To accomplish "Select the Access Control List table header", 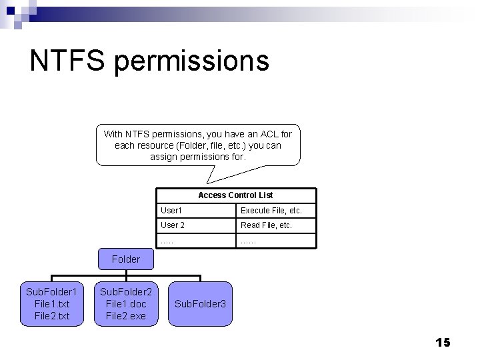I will (235, 195).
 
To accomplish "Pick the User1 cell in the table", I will (171, 211).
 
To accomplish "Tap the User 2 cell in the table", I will (173, 225).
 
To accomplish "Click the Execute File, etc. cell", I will (271, 211).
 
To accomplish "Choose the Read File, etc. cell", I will (266, 225).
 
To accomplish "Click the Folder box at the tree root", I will (126, 259).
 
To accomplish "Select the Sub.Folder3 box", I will (200, 304).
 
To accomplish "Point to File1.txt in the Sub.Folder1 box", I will (51, 304).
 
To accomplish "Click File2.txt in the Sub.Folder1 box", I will (51, 315).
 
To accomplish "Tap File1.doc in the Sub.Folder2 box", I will (126, 304).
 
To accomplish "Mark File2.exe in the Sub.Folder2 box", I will (126, 315).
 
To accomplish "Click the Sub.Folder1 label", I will (51, 292).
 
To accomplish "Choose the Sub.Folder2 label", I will (126, 292).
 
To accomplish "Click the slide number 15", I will (443, 343).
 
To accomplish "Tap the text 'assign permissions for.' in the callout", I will (198, 157).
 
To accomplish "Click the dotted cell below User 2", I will (167, 241).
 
